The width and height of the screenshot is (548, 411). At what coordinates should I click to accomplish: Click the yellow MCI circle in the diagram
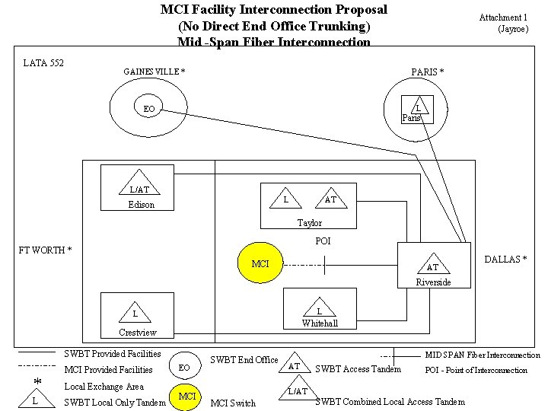260,264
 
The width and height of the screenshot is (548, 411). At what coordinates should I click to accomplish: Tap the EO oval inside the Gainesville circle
149,109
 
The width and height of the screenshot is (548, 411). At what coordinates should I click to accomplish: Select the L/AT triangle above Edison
139,186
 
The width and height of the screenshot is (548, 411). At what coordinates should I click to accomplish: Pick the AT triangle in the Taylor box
330,198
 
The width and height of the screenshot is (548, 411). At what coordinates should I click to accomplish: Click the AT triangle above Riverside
432,264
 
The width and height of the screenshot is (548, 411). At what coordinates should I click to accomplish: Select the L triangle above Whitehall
319,307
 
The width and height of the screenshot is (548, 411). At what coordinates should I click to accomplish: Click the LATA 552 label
43,63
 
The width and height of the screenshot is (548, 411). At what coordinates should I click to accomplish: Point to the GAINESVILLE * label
155,72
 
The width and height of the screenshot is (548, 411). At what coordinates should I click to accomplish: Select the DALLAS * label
505,260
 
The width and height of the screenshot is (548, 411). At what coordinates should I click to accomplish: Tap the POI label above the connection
323,241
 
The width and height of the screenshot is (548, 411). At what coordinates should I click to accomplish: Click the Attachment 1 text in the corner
502,18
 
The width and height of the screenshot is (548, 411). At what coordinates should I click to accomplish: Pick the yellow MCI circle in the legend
186,397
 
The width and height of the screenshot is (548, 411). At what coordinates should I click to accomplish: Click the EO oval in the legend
183,367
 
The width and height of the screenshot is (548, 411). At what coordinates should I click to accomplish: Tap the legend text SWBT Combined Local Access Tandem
390,402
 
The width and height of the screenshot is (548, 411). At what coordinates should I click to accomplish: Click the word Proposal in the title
355,10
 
